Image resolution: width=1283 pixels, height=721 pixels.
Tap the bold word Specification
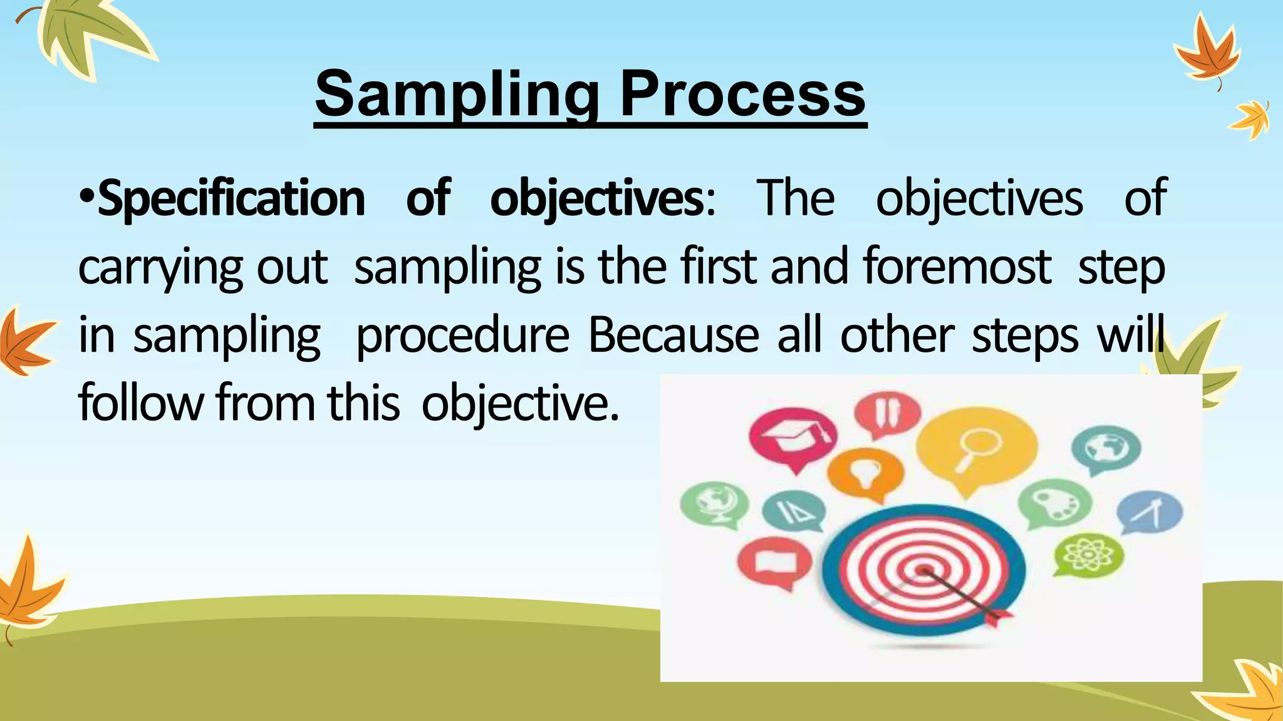[231, 198]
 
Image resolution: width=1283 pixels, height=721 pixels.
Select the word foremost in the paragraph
[957, 266]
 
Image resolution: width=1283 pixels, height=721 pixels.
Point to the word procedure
[462, 335]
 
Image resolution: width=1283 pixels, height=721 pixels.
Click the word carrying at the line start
[160, 267]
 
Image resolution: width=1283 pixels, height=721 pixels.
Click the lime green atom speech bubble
[1089, 553]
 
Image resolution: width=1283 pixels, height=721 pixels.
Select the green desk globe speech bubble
[714, 503]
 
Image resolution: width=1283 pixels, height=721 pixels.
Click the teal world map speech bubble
[1106, 447]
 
